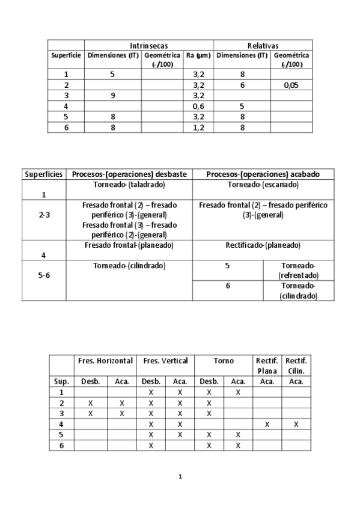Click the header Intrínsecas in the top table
(148, 46)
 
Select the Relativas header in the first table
(263, 46)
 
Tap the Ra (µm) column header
(198, 55)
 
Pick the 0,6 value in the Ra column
(198, 106)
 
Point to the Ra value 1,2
(198, 127)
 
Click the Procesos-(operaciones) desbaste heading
(129, 174)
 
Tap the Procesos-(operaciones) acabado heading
(263, 174)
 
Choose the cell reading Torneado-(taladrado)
(129, 185)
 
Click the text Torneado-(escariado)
(263, 185)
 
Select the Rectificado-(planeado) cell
(263, 245)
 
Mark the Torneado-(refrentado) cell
(298, 270)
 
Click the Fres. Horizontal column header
(105, 361)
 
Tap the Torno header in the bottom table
(223, 361)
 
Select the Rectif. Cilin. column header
(297, 366)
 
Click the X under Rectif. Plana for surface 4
(267, 424)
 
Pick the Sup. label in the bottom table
(61, 381)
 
